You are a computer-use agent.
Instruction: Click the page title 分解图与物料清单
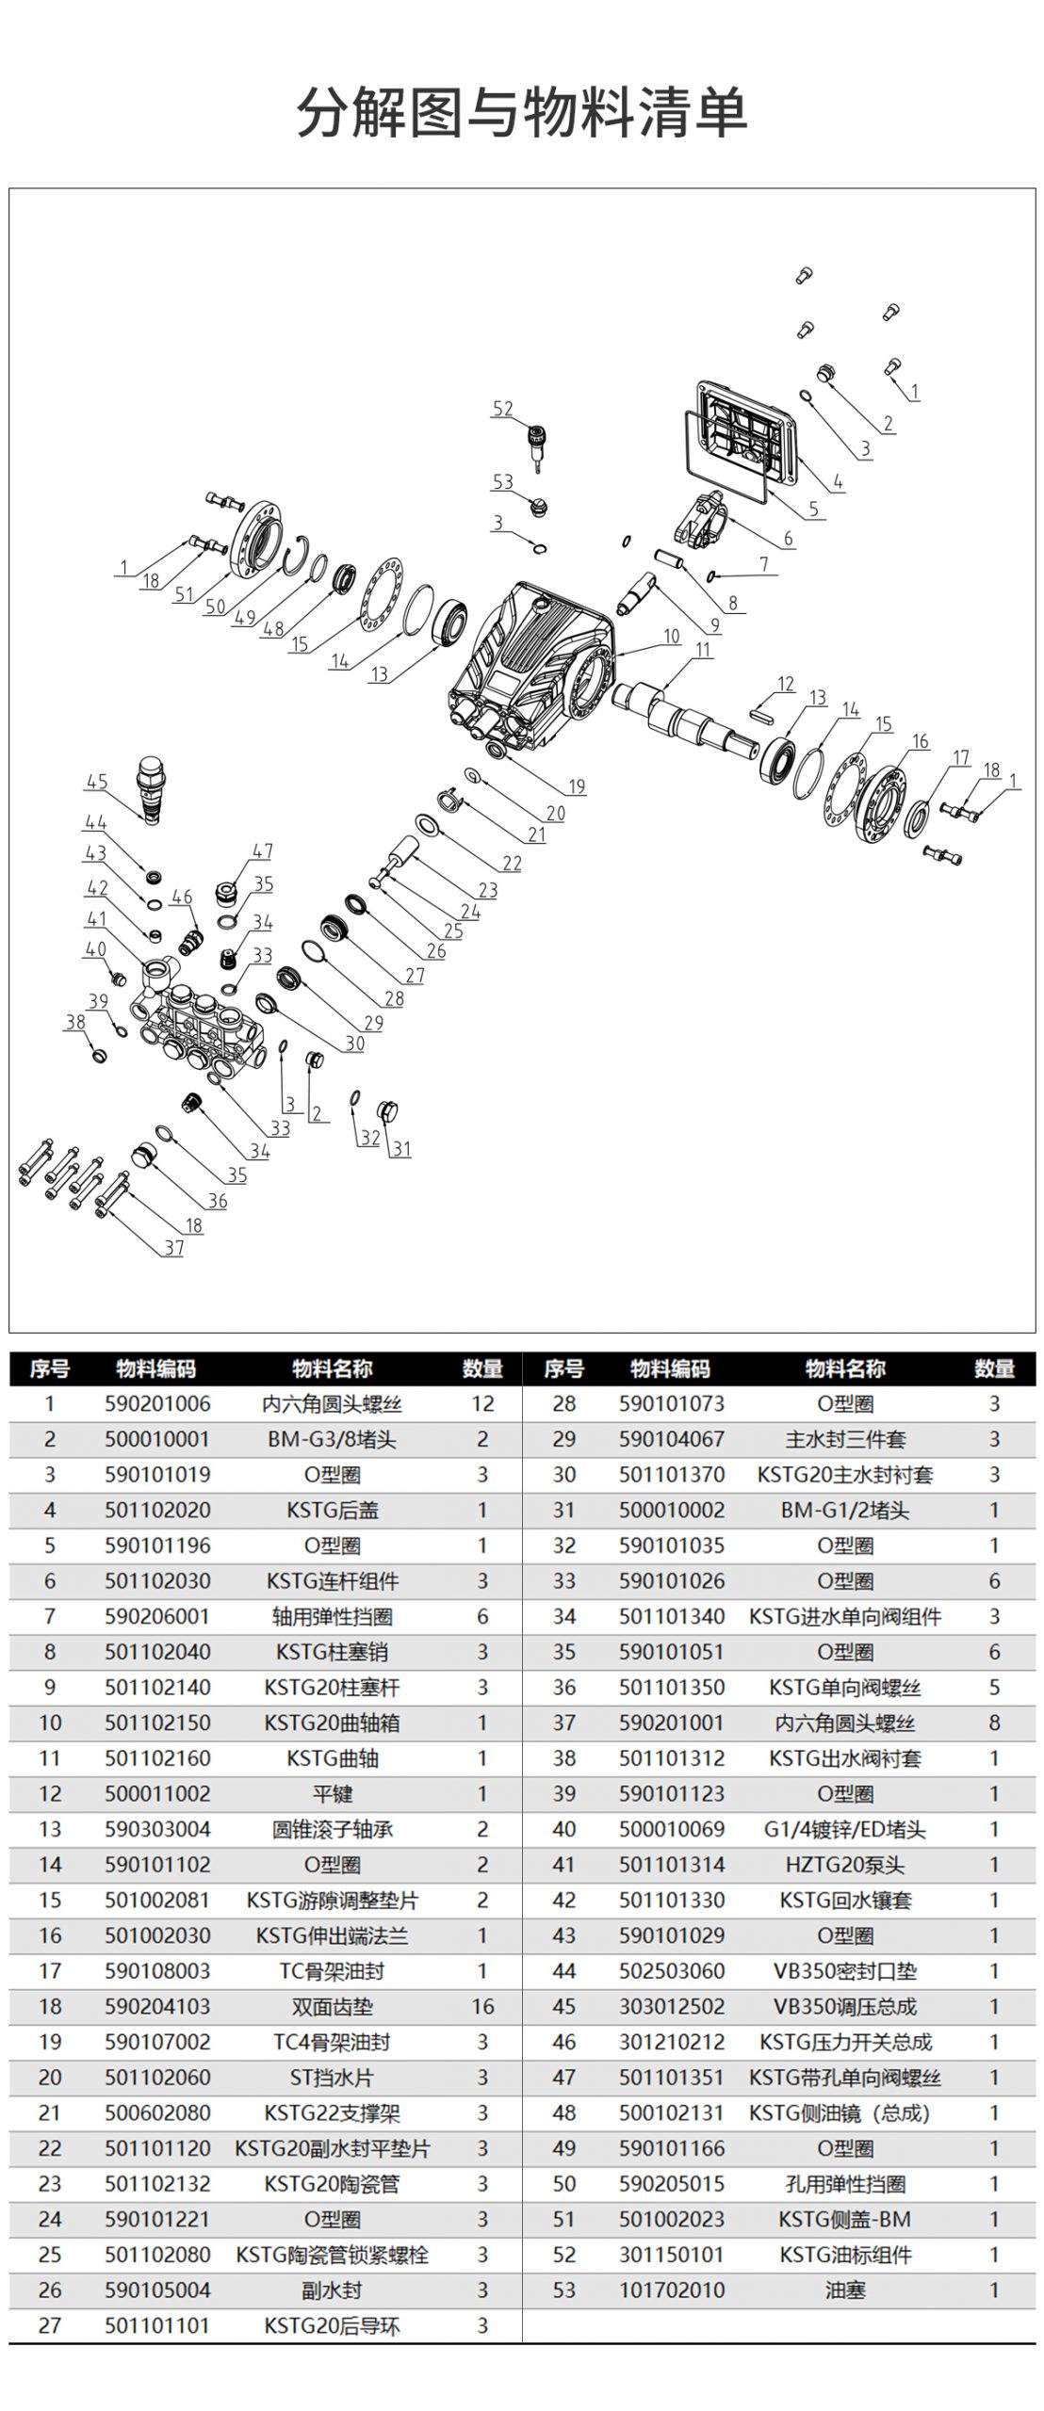point(522,112)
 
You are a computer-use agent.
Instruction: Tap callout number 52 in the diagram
point(503,409)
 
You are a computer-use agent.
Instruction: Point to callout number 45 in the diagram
point(97,782)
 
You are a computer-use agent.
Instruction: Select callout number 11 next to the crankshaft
point(704,649)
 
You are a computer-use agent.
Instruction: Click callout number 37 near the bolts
point(174,1248)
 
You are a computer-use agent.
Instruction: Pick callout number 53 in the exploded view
point(503,481)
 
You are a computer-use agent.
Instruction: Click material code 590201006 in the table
point(157,1404)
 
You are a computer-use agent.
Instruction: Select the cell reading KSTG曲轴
point(332,1758)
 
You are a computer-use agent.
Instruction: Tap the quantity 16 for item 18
point(482,2007)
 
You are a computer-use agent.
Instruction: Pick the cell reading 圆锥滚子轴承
point(332,1830)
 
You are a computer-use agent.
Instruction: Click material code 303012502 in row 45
point(672,2007)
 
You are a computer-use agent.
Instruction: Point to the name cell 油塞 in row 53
point(845,2290)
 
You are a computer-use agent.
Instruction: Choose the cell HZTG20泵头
point(845,1865)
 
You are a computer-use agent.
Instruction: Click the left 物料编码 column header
point(157,1368)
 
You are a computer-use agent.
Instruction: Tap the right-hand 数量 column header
point(994,1368)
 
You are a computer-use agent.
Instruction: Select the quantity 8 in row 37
point(994,1723)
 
